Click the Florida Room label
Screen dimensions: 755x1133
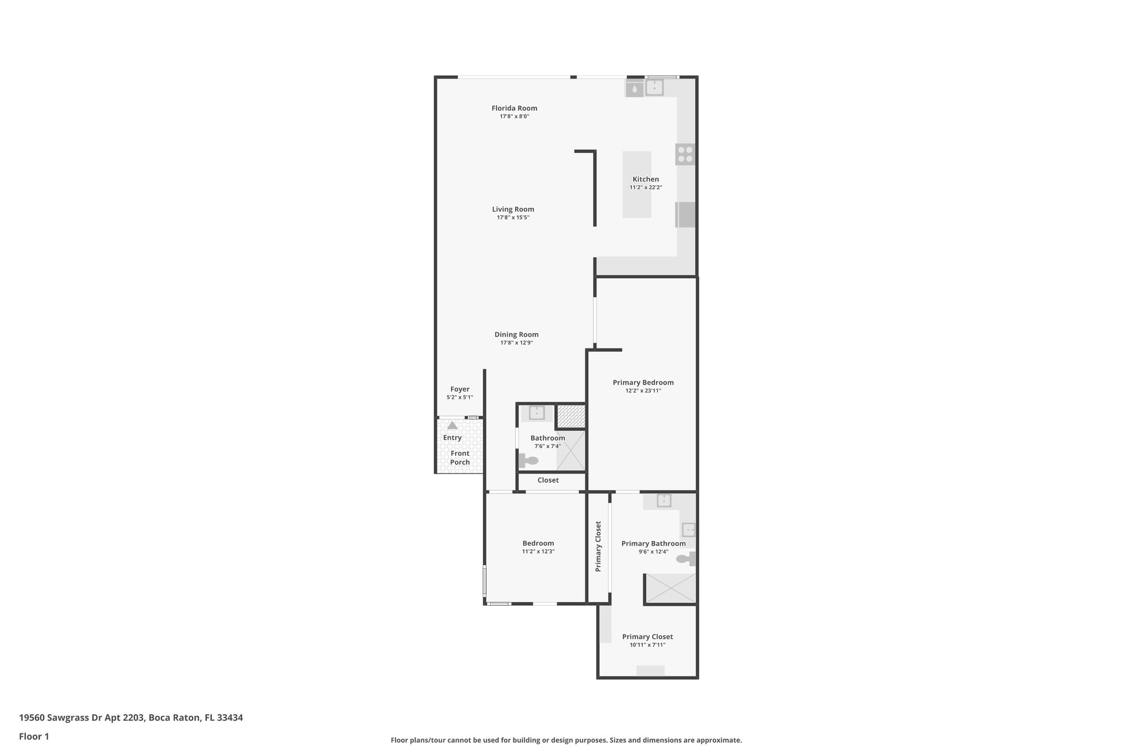click(x=514, y=108)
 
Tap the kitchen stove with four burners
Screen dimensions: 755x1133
click(x=685, y=154)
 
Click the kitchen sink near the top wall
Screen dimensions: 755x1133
click(x=654, y=87)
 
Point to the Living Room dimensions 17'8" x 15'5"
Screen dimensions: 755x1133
click(x=513, y=218)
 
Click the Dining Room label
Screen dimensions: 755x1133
click(x=516, y=335)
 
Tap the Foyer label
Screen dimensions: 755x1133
click(x=460, y=389)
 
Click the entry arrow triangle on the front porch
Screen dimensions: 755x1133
click(x=453, y=425)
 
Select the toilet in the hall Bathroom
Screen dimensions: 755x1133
click(x=529, y=460)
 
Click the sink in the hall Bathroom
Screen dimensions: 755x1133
click(x=537, y=413)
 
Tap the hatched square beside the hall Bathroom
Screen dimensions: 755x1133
click(x=571, y=416)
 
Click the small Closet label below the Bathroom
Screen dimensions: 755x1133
click(x=548, y=480)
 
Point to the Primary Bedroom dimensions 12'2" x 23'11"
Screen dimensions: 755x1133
click(x=643, y=391)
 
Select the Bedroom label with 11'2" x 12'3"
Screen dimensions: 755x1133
click(x=538, y=544)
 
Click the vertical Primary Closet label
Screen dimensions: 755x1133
click(x=598, y=546)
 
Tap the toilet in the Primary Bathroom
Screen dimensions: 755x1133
click(x=685, y=559)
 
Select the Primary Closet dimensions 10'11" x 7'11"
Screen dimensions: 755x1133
click(x=647, y=645)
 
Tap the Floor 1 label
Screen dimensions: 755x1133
click(x=34, y=737)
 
